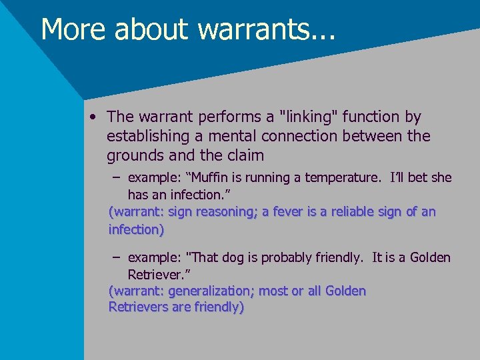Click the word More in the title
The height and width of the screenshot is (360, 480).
click(69, 29)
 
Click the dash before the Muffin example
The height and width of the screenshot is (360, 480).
click(117, 178)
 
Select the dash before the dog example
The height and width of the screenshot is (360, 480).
click(117, 257)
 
